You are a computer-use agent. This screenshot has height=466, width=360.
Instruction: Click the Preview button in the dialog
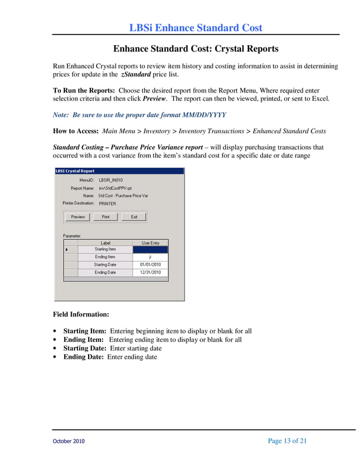click(78, 217)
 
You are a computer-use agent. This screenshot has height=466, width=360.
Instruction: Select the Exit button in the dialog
click(134, 217)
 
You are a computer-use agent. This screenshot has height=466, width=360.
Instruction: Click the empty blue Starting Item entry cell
click(150, 249)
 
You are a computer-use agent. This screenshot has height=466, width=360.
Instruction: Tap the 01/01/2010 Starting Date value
click(150, 265)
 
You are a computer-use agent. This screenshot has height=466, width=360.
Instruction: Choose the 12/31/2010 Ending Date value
click(150, 272)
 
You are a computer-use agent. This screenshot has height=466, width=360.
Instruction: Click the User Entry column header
click(150, 243)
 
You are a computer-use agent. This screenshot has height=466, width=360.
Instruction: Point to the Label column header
click(105, 243)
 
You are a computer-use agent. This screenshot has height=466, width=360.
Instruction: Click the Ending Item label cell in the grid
click(105, 257)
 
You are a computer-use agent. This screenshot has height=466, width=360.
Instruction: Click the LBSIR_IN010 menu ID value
click(111, 181)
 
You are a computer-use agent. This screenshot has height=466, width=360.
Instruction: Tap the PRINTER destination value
click(107, 203)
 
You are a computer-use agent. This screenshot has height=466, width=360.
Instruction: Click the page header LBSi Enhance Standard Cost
click(196, 28)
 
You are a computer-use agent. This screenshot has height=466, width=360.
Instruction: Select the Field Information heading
click(81, 314)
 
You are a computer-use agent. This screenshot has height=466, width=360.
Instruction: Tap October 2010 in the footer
click(69, 441)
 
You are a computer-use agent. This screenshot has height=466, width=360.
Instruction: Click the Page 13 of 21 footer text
click(287, 441)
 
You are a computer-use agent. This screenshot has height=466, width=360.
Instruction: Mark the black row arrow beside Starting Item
click(68, 249)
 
